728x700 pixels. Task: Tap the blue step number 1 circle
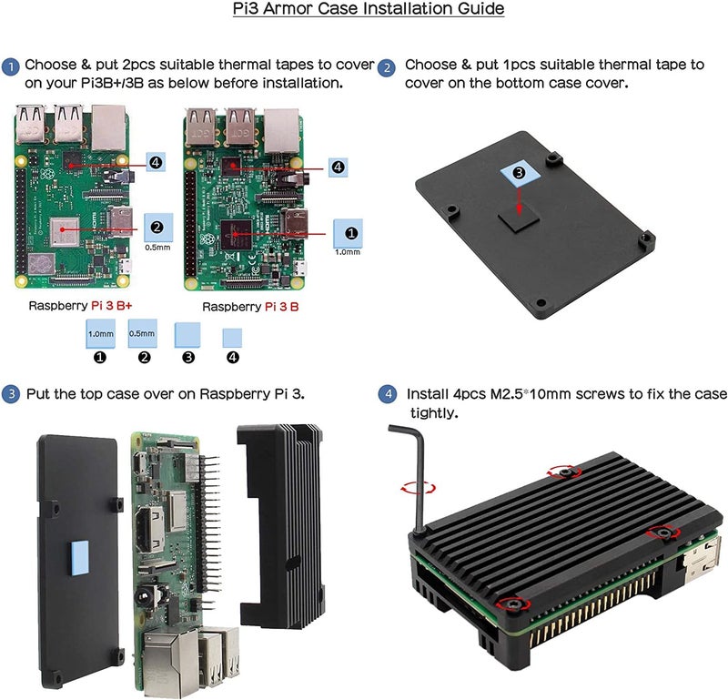11,66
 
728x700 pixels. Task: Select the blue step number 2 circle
387,67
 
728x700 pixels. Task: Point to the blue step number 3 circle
11,395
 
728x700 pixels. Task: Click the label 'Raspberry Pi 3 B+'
81,306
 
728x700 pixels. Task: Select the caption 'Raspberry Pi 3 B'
249,307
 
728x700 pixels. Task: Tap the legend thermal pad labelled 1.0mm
100,332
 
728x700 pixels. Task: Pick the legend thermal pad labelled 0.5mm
143,332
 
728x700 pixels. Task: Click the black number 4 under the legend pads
233,357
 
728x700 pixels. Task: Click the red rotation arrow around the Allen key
418,488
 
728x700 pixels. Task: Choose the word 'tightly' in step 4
433,413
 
